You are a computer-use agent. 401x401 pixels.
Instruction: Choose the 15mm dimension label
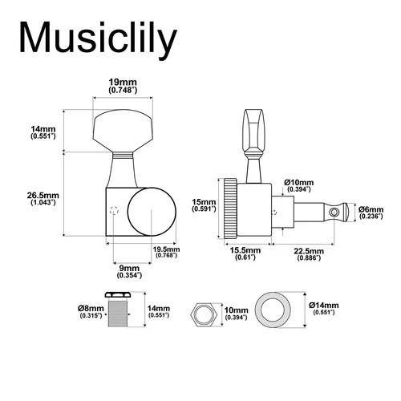point(204,204)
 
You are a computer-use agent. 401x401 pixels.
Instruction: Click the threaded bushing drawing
point(119,311)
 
